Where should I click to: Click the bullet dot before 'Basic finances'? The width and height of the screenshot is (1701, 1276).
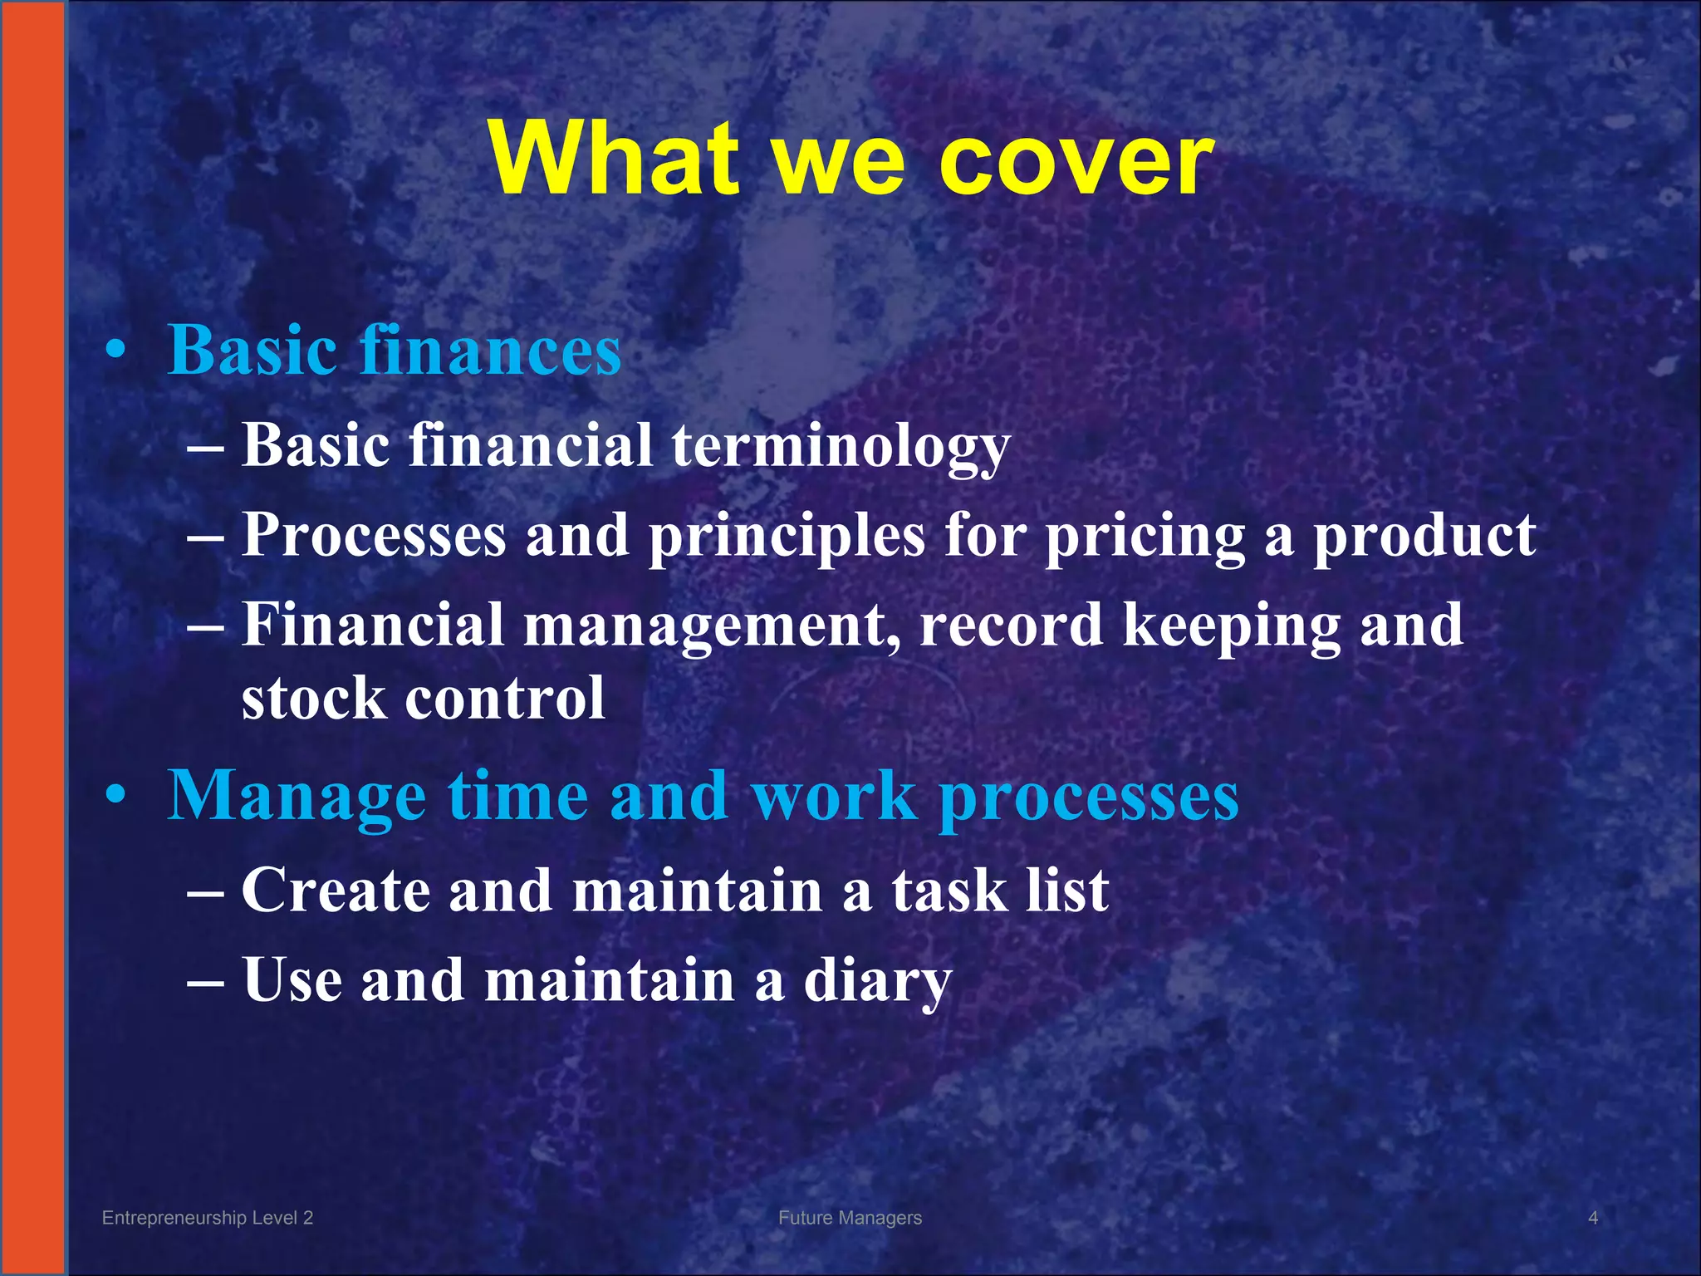(x=117, y=351)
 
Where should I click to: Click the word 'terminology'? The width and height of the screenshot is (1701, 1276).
(x=841, y=446)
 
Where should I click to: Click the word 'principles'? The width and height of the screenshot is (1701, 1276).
(x=786, y=536)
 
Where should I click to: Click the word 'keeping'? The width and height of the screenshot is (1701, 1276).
(x=1231, y=626)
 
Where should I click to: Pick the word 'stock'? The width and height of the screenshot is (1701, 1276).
(x=313, y=698)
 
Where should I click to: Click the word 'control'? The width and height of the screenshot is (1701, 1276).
(x=505, y=698)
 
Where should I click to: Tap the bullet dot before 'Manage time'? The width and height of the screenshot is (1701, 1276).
(x=117, y=796)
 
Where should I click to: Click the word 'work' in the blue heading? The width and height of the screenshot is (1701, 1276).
(x=834, y=796)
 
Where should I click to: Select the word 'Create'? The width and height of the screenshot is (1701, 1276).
(x=336, y=891)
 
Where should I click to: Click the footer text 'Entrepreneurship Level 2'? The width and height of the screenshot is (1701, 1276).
(x=208, y=1218)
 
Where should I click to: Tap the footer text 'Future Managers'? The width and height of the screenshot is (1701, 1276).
(x=850, y=1218)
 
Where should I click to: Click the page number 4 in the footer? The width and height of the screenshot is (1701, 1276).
(x=1593, y=1218)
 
